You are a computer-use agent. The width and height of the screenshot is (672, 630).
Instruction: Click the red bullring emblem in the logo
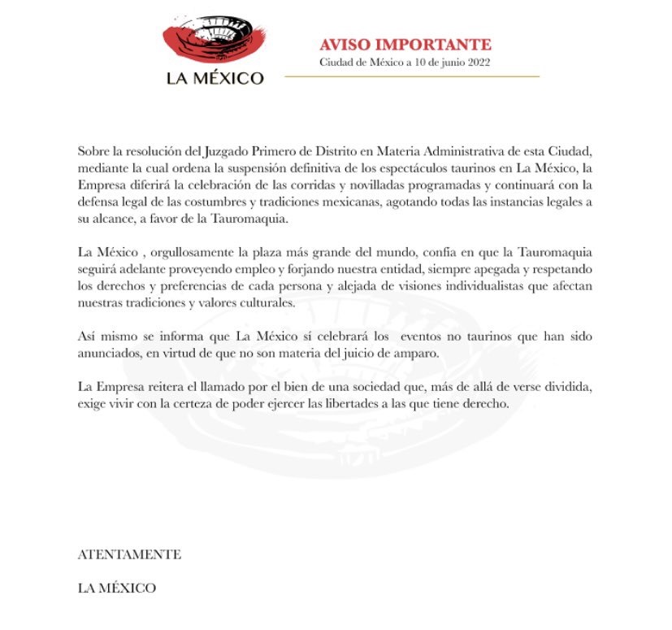tap(215, 41)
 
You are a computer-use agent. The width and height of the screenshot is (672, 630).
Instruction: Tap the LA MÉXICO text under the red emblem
tap(215, 78)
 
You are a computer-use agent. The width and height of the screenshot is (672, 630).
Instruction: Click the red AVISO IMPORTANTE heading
tap(405, 44)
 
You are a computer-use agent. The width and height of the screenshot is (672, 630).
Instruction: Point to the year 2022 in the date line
tap(476, 62)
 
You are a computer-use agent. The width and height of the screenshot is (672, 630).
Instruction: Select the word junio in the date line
tap(445, 62)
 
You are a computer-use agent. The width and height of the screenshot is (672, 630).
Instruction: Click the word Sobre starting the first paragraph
tap(93, 152)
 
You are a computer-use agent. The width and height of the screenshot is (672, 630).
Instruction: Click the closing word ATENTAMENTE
tap(129, 555)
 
